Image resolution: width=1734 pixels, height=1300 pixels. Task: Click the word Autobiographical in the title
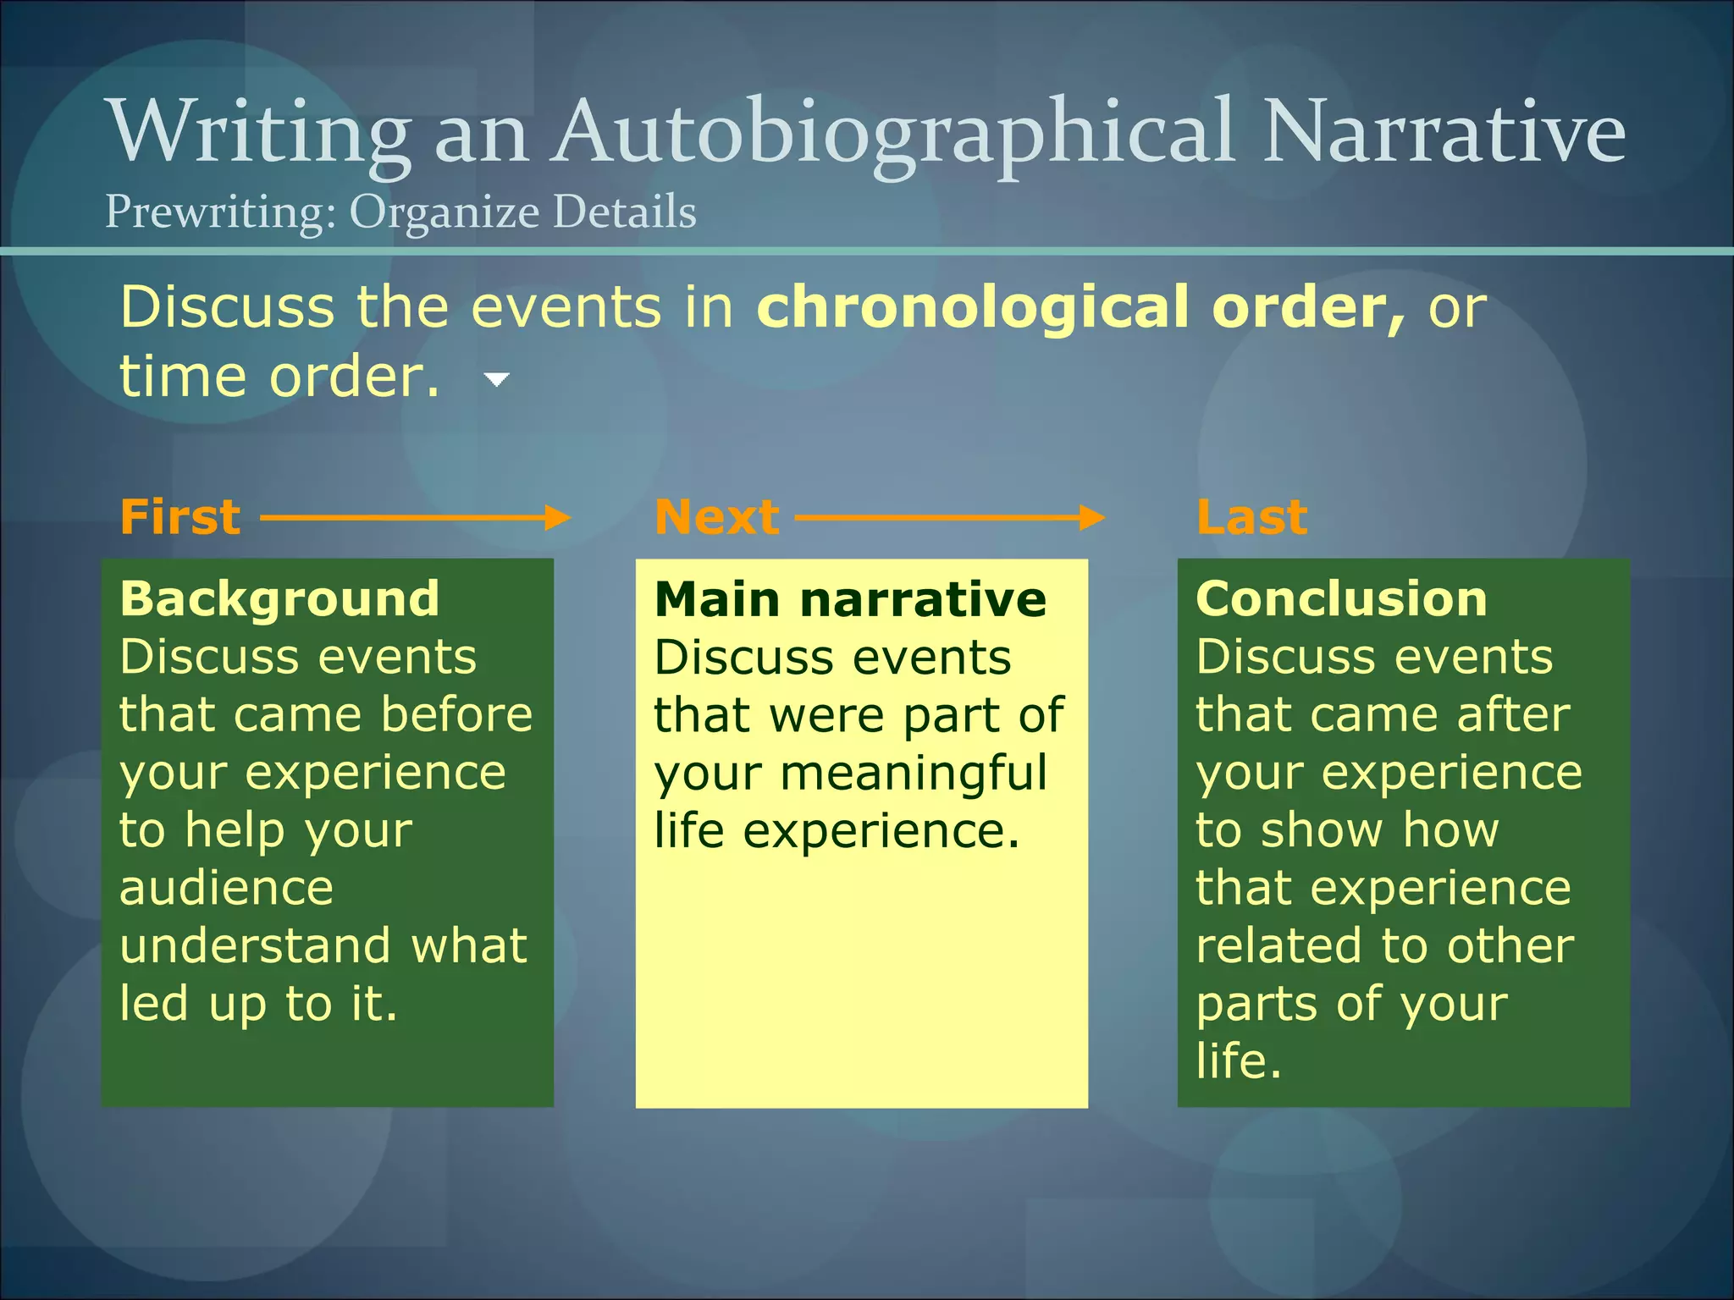pyautogui.click(x=893, y=131)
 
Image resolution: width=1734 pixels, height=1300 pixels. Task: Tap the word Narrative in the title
pyautogui.click(x=1444, y=131)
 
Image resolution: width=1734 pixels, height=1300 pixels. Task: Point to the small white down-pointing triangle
pyautogui.click(x=497, y=380)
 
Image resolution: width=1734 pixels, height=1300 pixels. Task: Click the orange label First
pyautogui.click(x=180, y=517)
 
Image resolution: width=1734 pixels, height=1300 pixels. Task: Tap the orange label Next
pyautogui.click(x=717, y=517)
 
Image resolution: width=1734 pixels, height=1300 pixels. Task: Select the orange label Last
pyautogui.click(x=1252, y=517)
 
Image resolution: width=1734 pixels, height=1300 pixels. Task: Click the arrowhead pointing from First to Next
pyautogui.click(x=558, y=517)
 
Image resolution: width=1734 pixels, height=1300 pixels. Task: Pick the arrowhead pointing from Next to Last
pyautogui.click(x=1092, y=517)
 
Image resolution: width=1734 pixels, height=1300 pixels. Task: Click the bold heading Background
pyautogui.click(x=279, y=599)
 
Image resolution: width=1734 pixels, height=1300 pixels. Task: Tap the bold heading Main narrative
pyautogui.click(x=850, y=599)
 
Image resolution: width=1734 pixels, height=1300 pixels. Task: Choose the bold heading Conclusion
pyautogui.click(x=1341, y=599)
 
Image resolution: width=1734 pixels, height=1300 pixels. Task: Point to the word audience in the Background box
pyautogui.click(x=226, y=888)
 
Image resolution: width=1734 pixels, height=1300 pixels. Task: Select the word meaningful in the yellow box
pyautogui.click(x=914, y=773)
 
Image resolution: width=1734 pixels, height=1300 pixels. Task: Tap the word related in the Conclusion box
pyautogui.click(x=1278, y=945)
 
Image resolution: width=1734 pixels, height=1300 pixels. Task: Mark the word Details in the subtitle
pyautogui.click(x=625, y=212)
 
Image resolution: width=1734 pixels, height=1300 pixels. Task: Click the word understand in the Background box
pyautogui.click(x=255, y=945)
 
